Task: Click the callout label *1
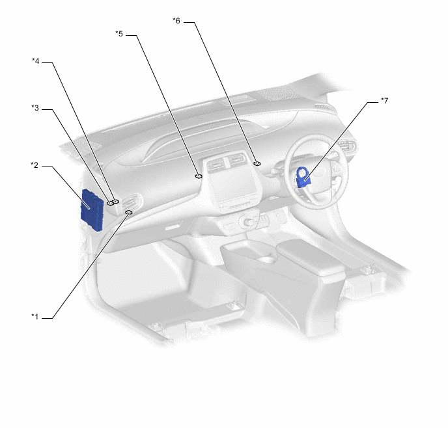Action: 35,317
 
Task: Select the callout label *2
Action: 35,165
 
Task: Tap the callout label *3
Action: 35,107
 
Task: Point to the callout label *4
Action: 35,61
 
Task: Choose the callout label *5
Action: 119,33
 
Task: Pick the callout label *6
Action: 176,21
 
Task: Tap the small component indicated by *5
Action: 199,175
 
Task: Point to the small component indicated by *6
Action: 257,164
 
